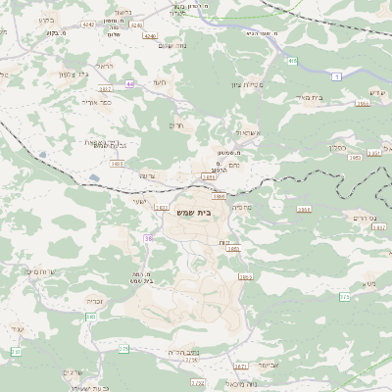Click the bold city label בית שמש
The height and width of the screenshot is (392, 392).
[197, 209]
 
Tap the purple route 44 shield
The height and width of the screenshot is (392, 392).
[129, 83]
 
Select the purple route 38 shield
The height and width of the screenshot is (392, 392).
[149, 238]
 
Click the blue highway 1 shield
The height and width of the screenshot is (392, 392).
[337, 75]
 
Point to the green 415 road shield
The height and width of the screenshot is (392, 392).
[292, 61]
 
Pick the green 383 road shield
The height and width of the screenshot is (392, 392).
[89, 317]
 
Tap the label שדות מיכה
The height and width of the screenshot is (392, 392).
[45, 271]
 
